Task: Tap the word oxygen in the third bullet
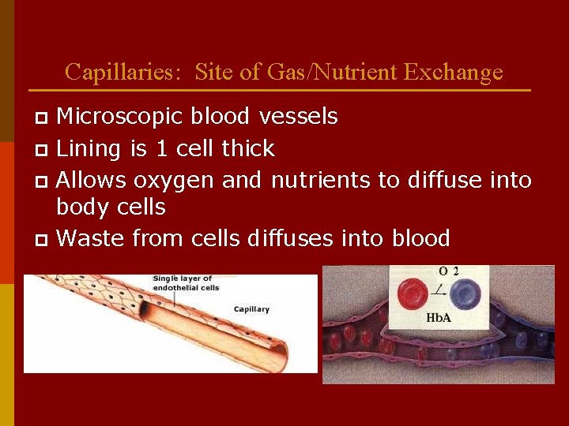174,181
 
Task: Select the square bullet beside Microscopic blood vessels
43,118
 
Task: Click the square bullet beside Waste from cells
43,239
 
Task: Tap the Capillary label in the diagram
251,309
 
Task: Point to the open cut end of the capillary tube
272,348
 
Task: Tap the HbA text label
439,318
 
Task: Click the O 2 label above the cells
448,271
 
